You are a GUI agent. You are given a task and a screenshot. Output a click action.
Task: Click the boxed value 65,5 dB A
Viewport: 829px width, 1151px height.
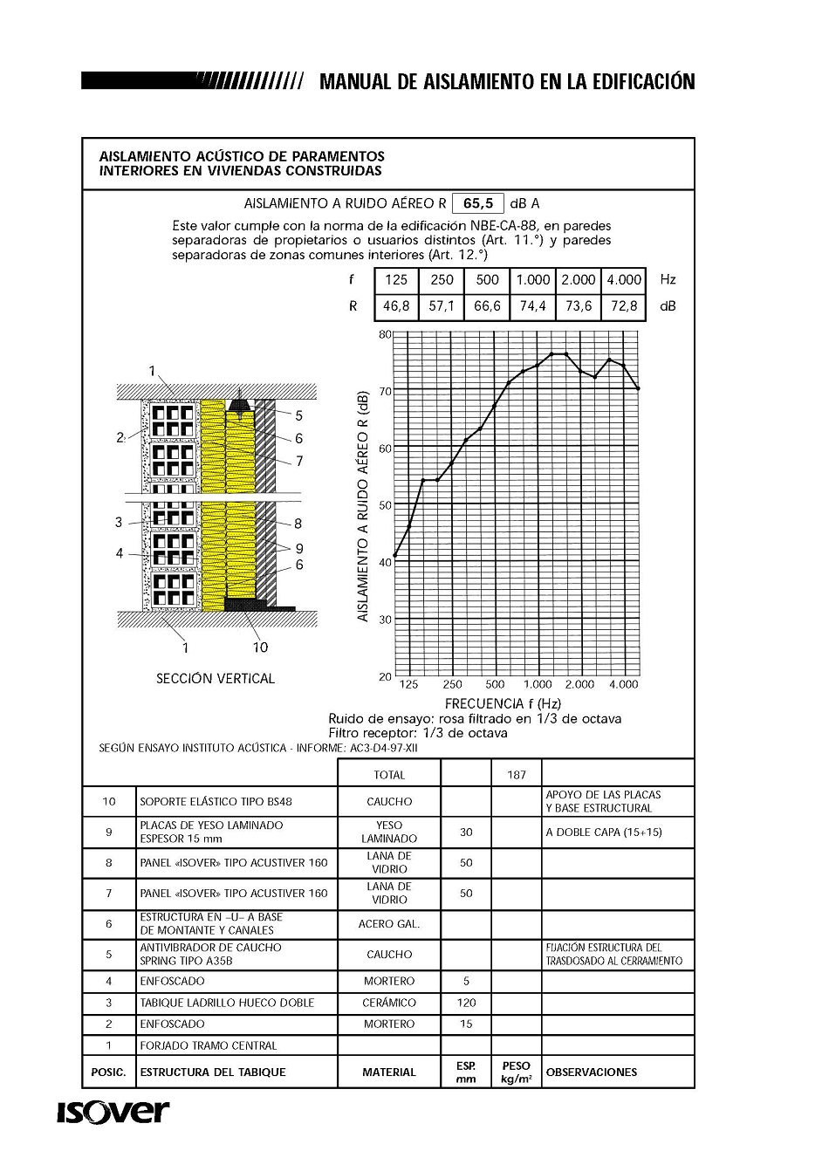pos(478,203)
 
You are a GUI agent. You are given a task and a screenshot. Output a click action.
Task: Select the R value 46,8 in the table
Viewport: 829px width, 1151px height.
pos(396,306)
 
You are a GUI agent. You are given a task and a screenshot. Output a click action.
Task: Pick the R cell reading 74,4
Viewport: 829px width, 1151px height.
pos(532,306)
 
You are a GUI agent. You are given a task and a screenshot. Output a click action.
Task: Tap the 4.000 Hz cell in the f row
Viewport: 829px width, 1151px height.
pos(624,280)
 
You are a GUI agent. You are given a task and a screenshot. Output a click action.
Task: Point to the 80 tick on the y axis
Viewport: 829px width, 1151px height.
pos(385,334)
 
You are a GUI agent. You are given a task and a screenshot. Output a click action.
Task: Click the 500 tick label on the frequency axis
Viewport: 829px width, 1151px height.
pos(495,685)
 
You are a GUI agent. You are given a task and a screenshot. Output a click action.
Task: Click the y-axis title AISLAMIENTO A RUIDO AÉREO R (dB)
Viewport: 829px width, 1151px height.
pos(364,505)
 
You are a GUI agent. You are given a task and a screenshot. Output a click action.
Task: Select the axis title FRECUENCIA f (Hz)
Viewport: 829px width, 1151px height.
pos(503,703)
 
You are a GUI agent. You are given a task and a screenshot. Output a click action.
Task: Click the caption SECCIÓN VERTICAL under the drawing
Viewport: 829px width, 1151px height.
pos(216,679)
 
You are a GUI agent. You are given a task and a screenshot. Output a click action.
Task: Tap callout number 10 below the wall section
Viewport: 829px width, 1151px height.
pos(260,647)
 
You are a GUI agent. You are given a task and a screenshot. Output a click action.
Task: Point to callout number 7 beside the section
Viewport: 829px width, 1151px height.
pos(299,461)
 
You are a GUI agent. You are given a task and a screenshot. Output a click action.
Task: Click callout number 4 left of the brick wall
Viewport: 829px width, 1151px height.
pos(120,553)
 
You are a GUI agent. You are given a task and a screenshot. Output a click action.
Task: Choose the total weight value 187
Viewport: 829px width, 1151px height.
pos(517,775)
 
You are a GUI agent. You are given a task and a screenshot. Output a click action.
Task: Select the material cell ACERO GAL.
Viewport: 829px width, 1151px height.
pos(389,924)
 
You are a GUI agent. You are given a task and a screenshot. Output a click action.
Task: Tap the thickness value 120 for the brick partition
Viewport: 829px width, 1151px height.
pos(466,1004)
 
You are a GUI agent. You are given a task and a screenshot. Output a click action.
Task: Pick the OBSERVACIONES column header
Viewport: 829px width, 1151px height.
pos(592,1072)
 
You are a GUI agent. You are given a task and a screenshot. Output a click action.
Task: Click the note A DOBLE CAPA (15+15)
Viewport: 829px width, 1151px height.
pos(604,832)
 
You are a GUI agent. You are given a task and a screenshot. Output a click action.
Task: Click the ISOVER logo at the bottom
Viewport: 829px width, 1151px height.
pos(113,1113)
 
